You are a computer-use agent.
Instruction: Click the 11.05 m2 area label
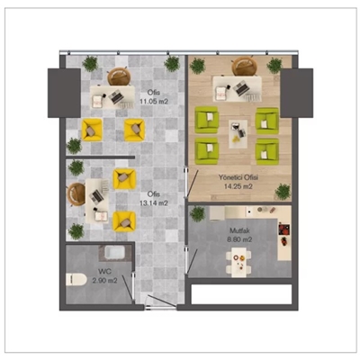(154, 102)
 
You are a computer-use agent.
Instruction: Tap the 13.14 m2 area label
(154, 203)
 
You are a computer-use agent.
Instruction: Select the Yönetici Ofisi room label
(238, 177)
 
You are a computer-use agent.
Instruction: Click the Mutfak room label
(239, 230)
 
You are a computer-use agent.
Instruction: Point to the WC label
(104, 272)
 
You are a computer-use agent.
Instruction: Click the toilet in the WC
(76, 279)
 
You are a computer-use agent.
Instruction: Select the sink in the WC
(115, 253)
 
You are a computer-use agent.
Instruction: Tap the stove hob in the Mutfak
(284, 229)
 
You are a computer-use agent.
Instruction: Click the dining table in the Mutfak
(238, 262)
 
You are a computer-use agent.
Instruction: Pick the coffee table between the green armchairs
(238, 134)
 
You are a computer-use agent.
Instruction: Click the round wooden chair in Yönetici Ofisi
(245, 66)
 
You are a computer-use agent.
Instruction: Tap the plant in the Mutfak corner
(198, 214)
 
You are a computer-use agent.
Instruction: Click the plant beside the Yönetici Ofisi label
(283, 192)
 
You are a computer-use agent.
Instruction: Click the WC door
(127, 287)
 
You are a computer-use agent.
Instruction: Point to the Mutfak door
(192, 261)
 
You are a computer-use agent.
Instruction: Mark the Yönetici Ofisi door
(192, 184)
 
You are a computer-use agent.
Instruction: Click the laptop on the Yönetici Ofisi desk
(240, 88)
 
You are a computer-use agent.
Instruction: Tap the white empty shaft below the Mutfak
(241, 294)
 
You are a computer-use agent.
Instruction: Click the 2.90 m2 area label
(104, 281)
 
